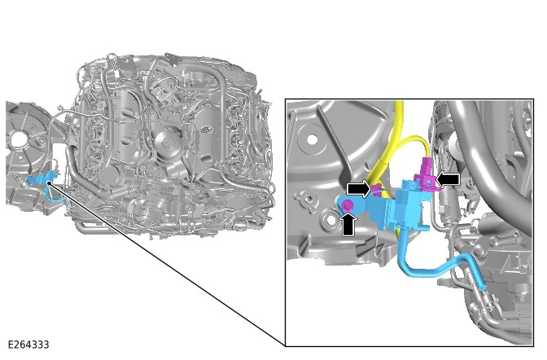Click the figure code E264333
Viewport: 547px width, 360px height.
pyautogui.click(x=28, y=345)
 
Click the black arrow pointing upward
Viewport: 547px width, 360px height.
pyautogui.click(x=348, y=224)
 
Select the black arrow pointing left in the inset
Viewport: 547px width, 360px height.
pyautogui.click(x=449, y=178)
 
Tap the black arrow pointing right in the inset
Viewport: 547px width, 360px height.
pyautogui.click(x=357, y=189)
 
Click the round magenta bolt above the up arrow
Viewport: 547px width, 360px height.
pyautogui.click(x=348, y=206)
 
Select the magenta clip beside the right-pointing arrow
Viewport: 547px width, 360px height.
pyautogui.click(x=378, y=190)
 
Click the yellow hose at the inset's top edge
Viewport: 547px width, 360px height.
pyautogui.click(x=399, y=110)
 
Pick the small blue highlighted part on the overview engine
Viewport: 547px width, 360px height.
pyautogui.click(x=41, y=178)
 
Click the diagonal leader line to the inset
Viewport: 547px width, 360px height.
pyautogui.click(x=163, y=261)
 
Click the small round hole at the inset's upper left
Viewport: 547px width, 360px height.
pyautogui.click(x=310, y=139)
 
